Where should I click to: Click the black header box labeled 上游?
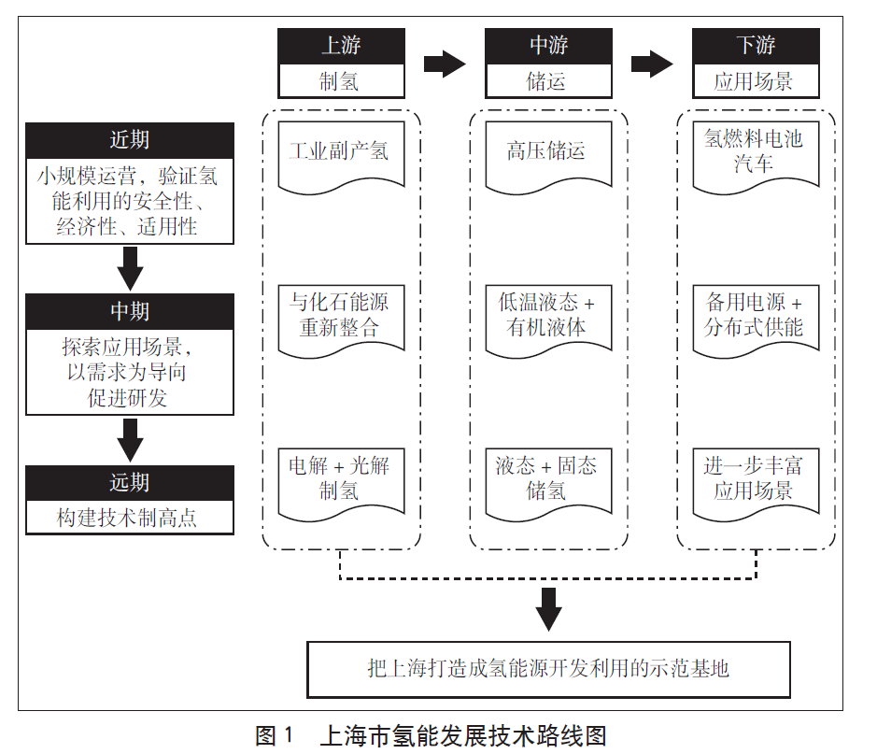coord(341,45)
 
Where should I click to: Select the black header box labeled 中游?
coord(548,45)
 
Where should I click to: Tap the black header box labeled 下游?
coord(756,45)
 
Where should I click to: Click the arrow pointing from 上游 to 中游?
coord(445,64)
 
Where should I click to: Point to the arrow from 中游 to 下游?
coord(652,64)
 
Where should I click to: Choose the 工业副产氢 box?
coord(341,153)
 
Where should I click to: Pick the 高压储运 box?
coord(548,153)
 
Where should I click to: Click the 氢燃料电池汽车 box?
coord(756,153)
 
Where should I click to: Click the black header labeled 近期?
coord(130,140)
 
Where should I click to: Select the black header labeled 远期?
coord(130,482)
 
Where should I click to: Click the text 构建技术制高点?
coord(130,518)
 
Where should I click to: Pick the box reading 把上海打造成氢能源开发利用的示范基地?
coord(548,669)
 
